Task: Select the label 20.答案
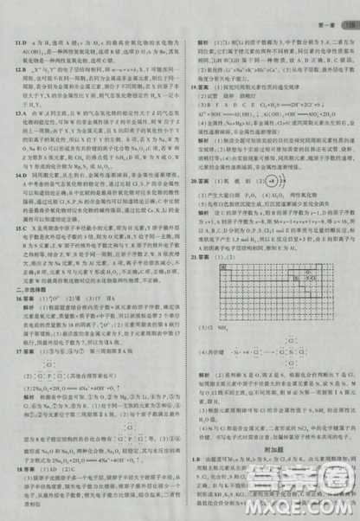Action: click(x=202, y=183)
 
